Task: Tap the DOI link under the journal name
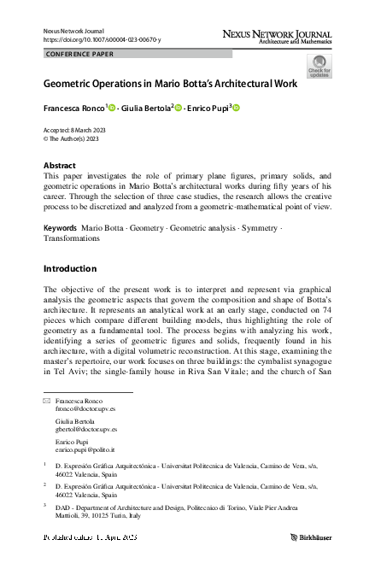pos(101,40)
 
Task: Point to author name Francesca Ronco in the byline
pos(73,109)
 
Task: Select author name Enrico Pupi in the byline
pos(204,109)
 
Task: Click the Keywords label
pos(59,206)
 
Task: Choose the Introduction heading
pos(70,268)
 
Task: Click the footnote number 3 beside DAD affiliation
pos(44,506)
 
